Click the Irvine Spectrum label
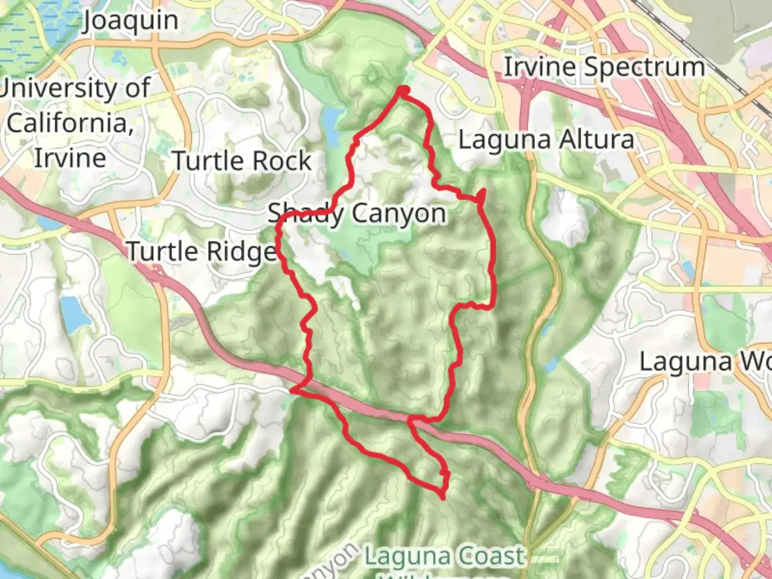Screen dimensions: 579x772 tap(604, 68)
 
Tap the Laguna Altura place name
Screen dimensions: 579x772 tap(546, 140)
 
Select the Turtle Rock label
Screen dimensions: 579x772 tap(242, 161)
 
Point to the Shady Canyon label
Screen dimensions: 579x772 tap(357, 214)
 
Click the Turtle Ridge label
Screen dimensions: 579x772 tap(202, 251)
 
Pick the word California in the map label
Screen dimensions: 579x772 tap(70, 123)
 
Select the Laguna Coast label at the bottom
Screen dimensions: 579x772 tap(444, 556)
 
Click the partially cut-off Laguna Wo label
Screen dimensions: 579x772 tap(704, 362)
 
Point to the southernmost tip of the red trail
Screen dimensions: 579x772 tap(443, 497)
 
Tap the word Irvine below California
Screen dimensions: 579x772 tap(70, 159)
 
